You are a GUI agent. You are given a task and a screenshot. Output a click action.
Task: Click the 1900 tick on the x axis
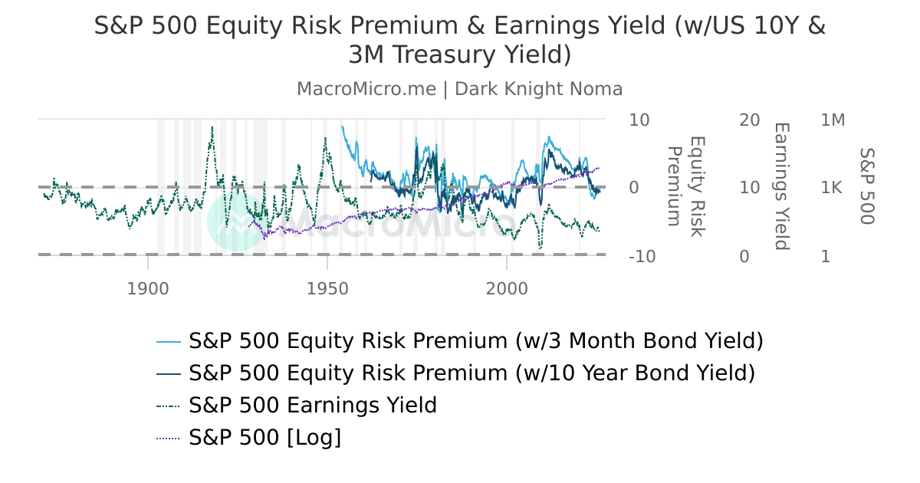(147, 289)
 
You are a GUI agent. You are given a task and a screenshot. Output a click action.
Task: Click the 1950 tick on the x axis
(327, 289)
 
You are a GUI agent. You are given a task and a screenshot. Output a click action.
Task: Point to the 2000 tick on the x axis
(507, 289)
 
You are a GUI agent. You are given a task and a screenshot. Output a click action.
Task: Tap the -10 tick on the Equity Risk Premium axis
(642, 257)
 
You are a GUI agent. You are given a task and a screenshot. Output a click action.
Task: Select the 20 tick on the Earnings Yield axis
(749, 120)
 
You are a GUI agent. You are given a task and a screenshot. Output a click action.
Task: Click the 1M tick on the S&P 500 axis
(833, 120)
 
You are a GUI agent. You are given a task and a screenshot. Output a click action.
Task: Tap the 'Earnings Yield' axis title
(780, 186)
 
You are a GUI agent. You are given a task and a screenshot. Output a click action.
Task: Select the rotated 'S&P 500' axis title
(866, 186)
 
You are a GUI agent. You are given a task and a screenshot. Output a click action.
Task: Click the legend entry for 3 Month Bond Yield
(475, 340)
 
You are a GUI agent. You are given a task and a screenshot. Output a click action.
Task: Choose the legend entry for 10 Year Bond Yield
(472, 373)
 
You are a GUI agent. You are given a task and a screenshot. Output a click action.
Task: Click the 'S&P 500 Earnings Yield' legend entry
(313, 406)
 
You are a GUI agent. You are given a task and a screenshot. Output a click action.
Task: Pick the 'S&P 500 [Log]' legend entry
(264, 438)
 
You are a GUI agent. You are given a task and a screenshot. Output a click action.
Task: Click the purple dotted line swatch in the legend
(168, 439)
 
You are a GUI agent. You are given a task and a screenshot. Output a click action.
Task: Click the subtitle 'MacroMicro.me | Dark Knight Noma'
(460, 89)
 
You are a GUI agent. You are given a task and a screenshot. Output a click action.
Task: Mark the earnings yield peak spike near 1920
(212, 129)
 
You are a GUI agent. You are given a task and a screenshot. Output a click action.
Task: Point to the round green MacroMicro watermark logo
(237, 221)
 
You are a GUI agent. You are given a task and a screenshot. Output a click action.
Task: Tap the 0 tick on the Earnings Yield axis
(744, 257)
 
